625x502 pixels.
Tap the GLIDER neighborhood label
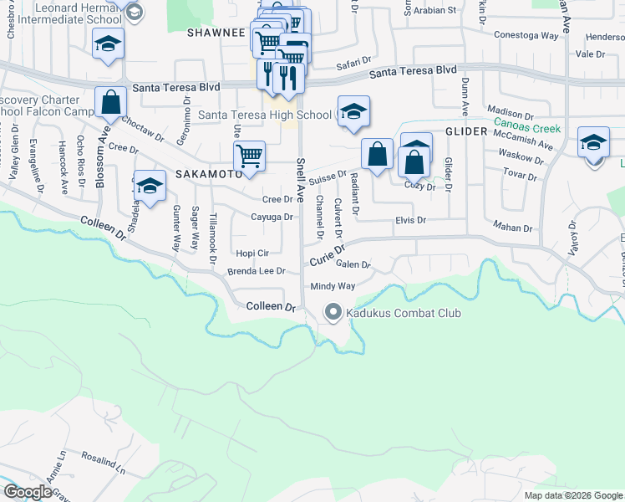coord(465,132)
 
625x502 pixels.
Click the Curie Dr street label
coord(328,253)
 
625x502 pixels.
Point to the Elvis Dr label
coord(410,220)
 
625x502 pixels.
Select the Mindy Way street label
coord(333,286)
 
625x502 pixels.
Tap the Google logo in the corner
coord(28,492)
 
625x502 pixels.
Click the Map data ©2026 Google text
coord(572,495)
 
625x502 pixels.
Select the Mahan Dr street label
coord(513,228)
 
